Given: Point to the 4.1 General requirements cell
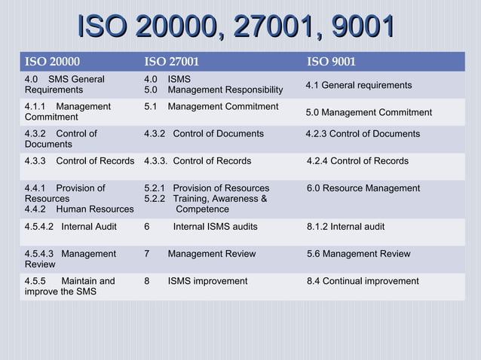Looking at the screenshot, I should (x=358, y=85).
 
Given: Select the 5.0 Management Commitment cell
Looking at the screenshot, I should (x=369, y=112).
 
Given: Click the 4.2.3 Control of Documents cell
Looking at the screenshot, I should (x=363, y=134).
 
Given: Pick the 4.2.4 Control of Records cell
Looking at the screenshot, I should (x=357, y=161).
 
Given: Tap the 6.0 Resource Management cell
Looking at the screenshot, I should (x=363, y=188).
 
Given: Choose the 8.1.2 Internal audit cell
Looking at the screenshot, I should (x=345, y=227).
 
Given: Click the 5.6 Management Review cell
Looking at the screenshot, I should (x=358, y=254).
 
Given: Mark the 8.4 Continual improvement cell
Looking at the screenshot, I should (x=363, y=281).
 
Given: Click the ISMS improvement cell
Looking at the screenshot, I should (x=207, y=281).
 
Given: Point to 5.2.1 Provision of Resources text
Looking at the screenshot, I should (x=206, y=188).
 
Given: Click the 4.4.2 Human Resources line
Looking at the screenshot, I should (x=78, y=209).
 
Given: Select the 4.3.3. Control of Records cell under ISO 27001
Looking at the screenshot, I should (x=198, y=161).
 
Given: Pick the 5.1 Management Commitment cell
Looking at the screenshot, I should (x=211, y=107).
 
